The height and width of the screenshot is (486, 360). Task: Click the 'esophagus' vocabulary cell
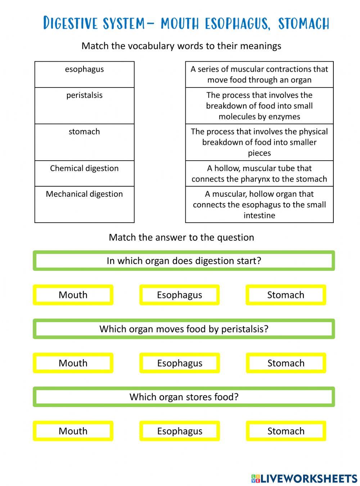click(84, 74)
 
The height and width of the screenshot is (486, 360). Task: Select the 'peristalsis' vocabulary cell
click(84, 106)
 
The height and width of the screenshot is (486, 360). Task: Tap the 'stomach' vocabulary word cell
click(84, 142)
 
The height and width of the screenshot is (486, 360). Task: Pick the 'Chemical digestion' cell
click(84, 173)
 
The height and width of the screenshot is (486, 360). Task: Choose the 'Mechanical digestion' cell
click(84, 204)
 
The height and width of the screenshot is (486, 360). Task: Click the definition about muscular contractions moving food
click(259, 75)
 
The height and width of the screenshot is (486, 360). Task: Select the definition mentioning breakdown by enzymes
click(259, 106)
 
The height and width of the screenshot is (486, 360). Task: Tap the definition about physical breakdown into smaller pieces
click(259, 142)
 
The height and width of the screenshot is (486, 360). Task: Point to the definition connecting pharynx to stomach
click(259, 173)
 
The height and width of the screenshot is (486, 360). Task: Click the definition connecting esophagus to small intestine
click(259, 204)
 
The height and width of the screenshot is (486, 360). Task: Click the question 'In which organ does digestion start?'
click(184, 260)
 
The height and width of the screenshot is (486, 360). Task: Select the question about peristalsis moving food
click(184, 329)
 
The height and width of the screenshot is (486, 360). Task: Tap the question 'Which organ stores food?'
click(184, 397)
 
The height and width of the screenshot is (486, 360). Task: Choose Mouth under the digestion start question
click(73, 295)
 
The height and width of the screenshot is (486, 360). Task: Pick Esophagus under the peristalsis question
click(180, 363)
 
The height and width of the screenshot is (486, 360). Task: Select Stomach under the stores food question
click(286, 431)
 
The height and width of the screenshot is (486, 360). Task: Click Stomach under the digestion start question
click(286, 295)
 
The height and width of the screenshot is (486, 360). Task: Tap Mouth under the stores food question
click(73, 431)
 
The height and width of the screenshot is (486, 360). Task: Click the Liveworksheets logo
click(304, 478)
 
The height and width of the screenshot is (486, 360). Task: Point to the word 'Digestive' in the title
click(70, 23)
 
